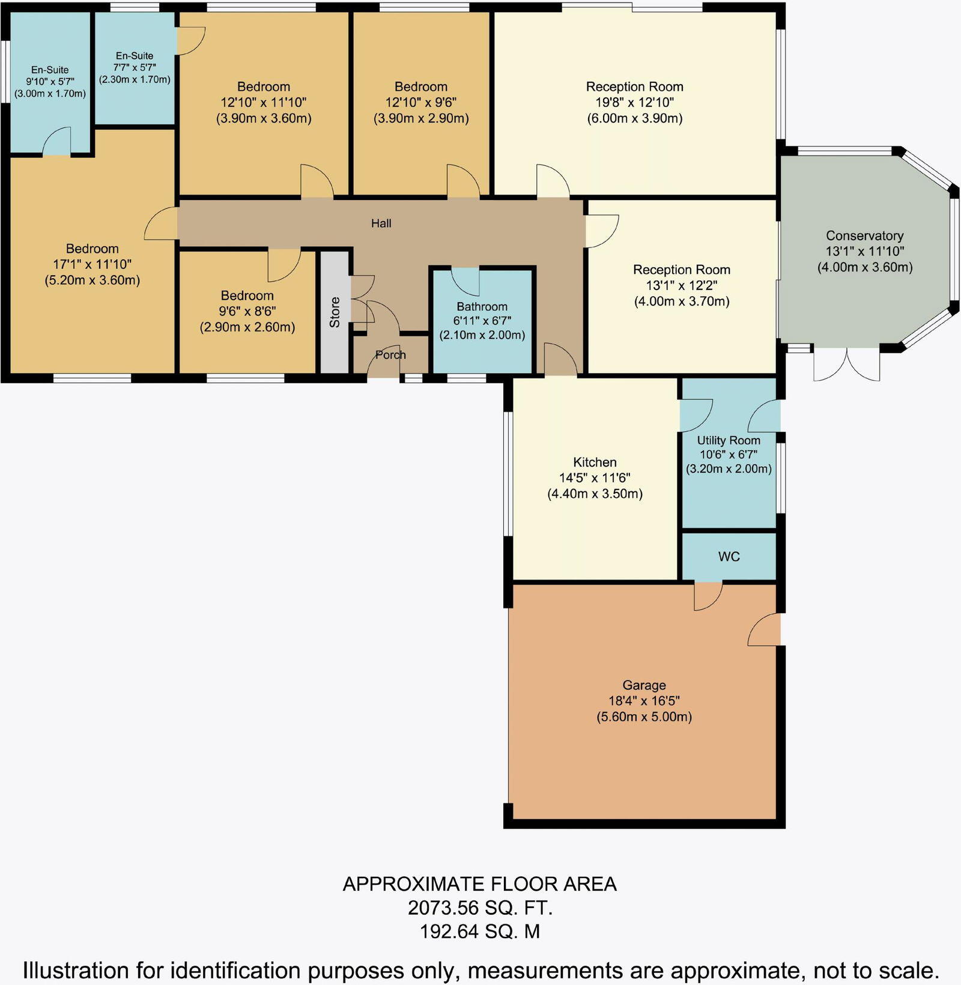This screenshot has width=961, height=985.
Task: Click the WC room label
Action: tap(729, 557)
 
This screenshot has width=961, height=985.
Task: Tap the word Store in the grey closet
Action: tap(335, 312)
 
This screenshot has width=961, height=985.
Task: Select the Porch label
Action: tap(390, 355)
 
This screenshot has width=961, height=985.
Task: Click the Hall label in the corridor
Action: tap(381, 223)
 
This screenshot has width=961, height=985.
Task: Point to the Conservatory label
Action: tap(864, 235)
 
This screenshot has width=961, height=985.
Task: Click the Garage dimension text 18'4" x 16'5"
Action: tap(644, 701)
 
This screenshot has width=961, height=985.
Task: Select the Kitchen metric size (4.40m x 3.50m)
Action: tap(595, 494)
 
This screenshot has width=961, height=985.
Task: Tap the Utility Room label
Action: tap(728, 440)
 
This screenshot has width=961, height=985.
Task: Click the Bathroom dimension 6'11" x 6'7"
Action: tap(482, 321)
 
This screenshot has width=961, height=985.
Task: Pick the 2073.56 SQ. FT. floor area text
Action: tap(480, 908)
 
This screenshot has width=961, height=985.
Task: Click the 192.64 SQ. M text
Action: tap(480, 932)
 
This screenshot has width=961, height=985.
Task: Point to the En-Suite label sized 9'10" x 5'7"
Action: tap(50, 70)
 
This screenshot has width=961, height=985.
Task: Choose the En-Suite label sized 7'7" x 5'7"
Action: tap(135, 56)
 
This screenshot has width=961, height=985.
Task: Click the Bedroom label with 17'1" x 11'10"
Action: tap(92, 249)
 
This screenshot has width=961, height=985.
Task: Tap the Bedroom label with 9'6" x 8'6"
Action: tap(247, 295)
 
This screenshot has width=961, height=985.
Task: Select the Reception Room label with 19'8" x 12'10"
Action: tap(634, 86)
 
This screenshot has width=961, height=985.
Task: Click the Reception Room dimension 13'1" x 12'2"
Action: tap(682, 285)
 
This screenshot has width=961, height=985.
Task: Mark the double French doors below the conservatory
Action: tap(847, 364)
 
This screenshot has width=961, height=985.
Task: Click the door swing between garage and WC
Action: tap(708, 595)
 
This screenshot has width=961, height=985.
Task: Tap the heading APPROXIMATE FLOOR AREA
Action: tap(480, 884)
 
